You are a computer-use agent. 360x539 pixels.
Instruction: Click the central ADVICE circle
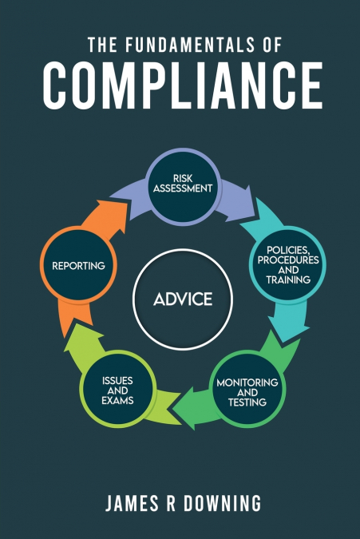pyautogui.click(x=184, y=299)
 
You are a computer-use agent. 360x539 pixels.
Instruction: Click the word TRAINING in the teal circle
pyautogui.click(x=287, y=281)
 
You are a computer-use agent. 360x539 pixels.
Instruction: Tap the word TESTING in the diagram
pyautogui.click(x=248, y=402)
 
